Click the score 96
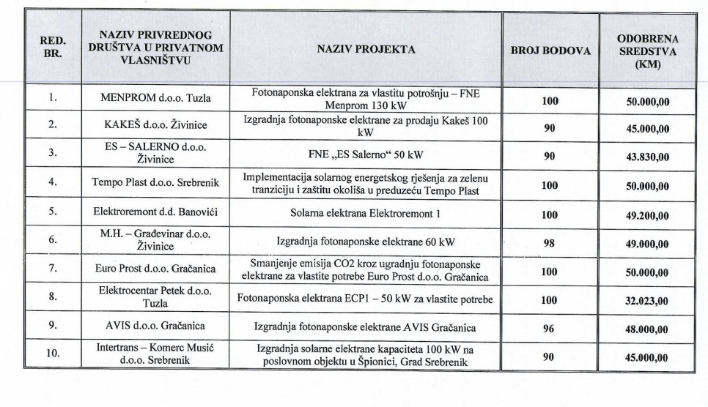point(549,328)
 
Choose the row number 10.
point(51,357)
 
